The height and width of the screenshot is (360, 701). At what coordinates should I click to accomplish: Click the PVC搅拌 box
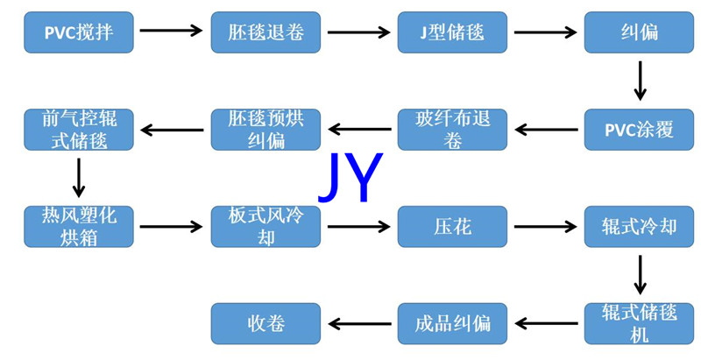point(79,32)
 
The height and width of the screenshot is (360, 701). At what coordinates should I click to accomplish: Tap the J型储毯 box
point(452,32)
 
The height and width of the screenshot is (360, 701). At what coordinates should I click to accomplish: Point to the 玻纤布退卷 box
point(452,130)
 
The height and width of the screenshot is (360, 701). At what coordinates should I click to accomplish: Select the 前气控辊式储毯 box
point(79,130)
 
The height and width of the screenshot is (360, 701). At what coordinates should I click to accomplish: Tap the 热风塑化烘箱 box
point(79,227)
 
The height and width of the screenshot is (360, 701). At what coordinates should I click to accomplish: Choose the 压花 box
point(452,227)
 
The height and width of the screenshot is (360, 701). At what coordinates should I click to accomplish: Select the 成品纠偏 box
point(452,323)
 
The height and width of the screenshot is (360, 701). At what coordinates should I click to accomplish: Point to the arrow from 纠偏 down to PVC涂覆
point(640,81)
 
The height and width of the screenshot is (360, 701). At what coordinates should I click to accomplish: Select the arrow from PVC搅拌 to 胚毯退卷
point(172,32)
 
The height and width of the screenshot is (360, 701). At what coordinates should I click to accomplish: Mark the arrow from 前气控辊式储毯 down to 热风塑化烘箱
point(79,178)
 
